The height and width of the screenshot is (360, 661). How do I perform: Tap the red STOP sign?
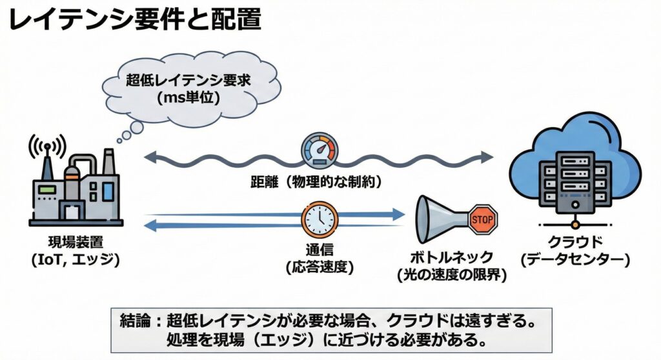(x=483, y=219)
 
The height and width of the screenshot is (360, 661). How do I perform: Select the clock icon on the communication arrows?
(x=320, y=220)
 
